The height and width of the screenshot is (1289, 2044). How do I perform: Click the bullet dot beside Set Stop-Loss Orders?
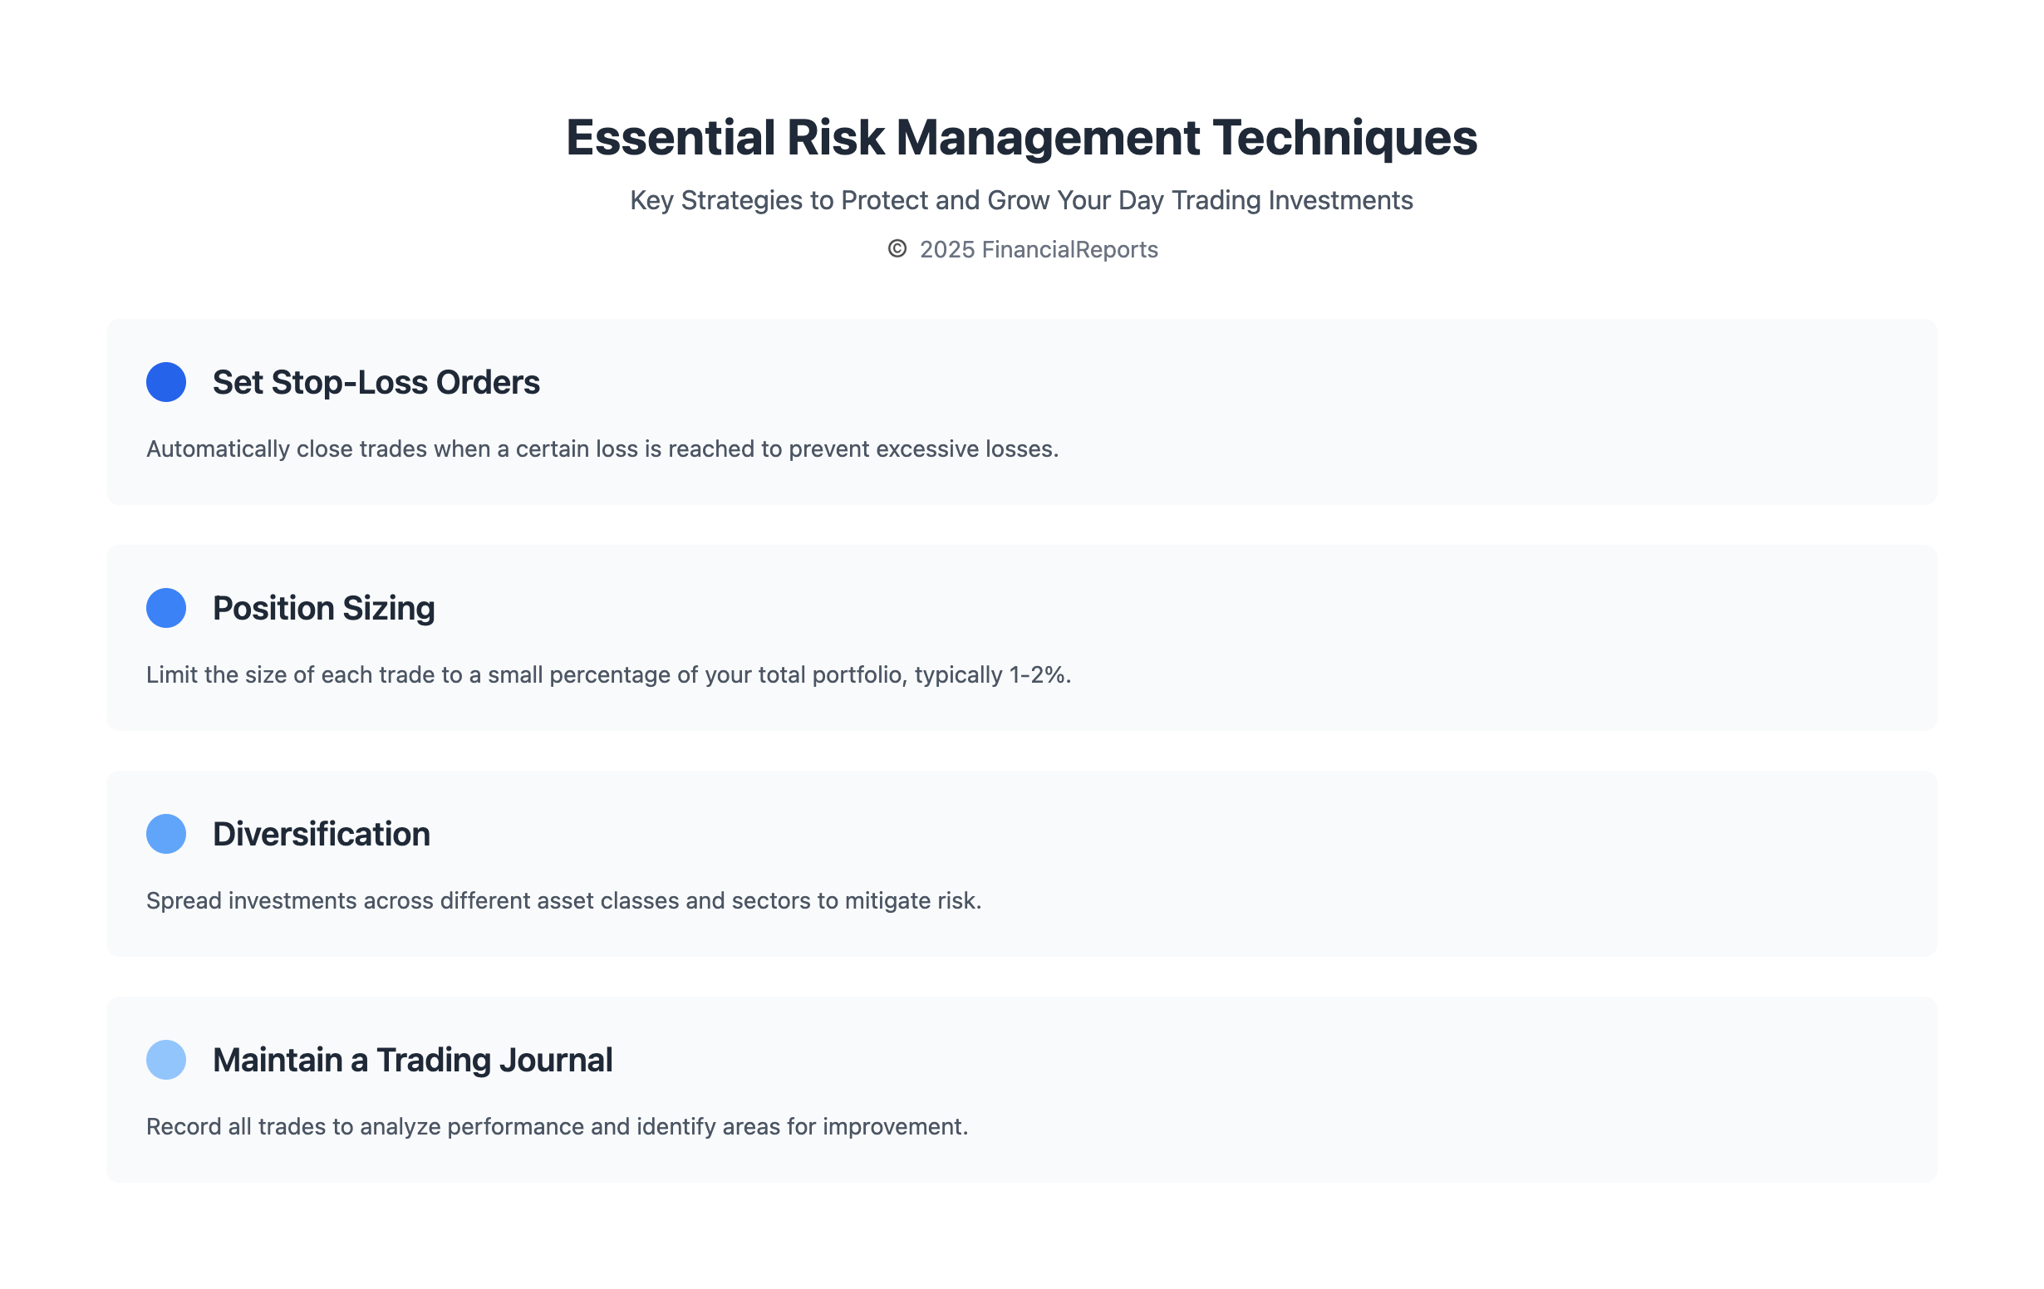coord(166,382)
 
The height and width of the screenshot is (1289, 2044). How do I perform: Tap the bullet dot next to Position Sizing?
coord(166,608)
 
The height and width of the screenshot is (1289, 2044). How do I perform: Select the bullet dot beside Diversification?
coord(166,833)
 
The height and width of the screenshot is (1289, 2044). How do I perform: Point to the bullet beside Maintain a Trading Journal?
coord(166,1059)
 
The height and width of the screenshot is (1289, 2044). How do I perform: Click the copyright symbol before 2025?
coord(897,248)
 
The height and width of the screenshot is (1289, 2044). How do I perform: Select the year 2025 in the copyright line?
coord(947,249)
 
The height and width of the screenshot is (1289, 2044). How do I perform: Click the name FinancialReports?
coord(1069,249)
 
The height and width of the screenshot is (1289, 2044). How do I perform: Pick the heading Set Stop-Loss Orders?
coord(376,383)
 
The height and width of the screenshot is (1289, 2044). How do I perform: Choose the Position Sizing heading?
coord(323,609)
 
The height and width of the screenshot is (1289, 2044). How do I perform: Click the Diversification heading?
coord(321,834)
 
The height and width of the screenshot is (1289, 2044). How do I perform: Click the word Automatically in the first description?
coord(219,448)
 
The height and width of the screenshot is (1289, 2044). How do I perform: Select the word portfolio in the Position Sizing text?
coord(858,674)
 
